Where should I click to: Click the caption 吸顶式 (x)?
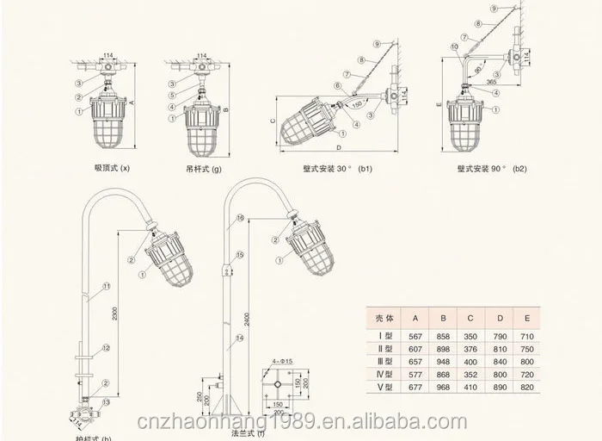pyautogui.click(x=111, y=170)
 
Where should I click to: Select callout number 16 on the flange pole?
pyautogui.click(x=241, y=220)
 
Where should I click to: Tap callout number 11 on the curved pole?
pyautogui.click(x=107, y=285)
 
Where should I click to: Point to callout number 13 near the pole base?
pyautogui.click(x=106, y=402)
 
